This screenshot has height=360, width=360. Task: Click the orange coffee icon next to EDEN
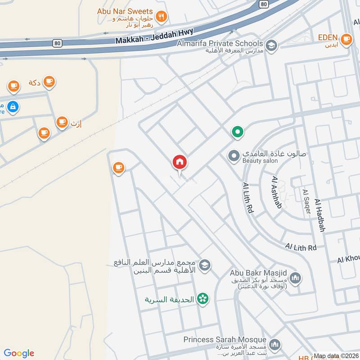tap(346, 40)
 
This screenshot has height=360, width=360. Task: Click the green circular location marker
tap(237, 132)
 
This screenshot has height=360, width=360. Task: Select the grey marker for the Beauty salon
tap(234, 156)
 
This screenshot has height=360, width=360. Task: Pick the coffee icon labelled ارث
tap(62, 121)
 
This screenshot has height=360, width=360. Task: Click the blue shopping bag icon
tap(13, 107)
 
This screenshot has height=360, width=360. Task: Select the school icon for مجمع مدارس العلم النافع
tap(205, 265)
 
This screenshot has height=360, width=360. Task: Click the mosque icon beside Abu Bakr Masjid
tap(295, 279)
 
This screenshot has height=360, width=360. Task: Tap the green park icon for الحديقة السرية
tap(203, 299)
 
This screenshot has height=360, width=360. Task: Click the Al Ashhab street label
tap(276, 192)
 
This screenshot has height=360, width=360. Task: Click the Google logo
tap(19, 353)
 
